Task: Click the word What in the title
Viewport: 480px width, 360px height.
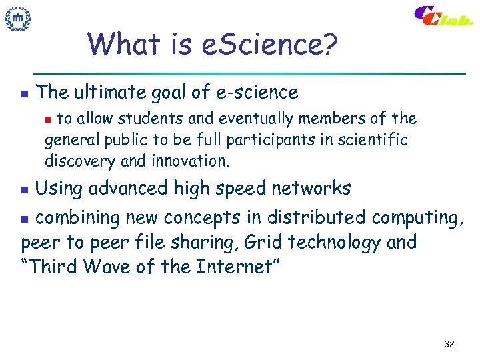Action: click(122, 45)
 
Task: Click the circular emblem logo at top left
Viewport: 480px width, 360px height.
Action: click(18, 19)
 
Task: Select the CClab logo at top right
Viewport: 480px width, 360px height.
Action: click(443, 17)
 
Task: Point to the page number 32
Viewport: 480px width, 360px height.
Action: click(449, 344)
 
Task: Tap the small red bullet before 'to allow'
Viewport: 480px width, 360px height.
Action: click(47, 119)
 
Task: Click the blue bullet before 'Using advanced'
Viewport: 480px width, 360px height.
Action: click(25, 190)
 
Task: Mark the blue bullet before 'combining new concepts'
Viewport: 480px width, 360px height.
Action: click(25, 218)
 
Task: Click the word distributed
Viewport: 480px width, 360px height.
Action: click(317, 217)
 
